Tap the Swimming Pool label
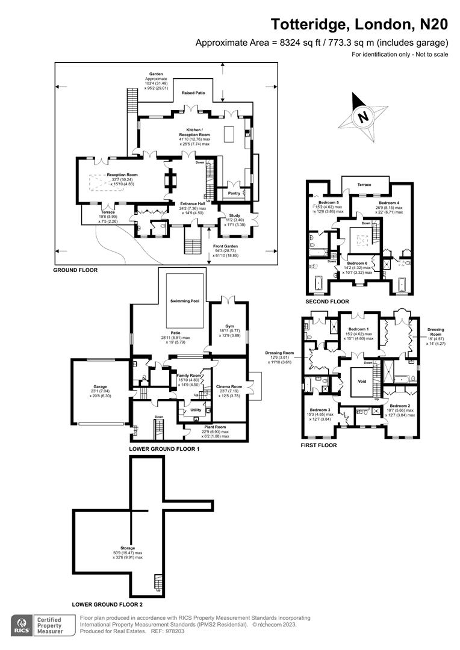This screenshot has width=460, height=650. (184, 300)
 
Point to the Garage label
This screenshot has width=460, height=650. (99, 388)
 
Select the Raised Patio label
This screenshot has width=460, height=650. (193, 93)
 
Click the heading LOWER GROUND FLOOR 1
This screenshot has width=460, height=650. (164, 450)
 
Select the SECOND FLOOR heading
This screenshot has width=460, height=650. (327, 301)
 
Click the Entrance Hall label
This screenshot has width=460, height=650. (193, 203)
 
